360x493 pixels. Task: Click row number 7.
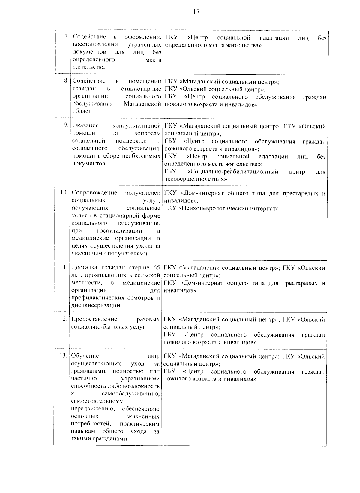67,37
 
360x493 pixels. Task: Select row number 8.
67,81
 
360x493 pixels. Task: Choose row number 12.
64,319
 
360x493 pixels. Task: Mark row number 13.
64,356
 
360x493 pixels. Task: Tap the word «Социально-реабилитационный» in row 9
232,172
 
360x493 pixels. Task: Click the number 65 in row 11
156,267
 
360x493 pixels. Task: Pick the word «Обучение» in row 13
85,356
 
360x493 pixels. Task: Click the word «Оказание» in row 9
85,126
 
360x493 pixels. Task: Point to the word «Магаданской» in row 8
142,104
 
